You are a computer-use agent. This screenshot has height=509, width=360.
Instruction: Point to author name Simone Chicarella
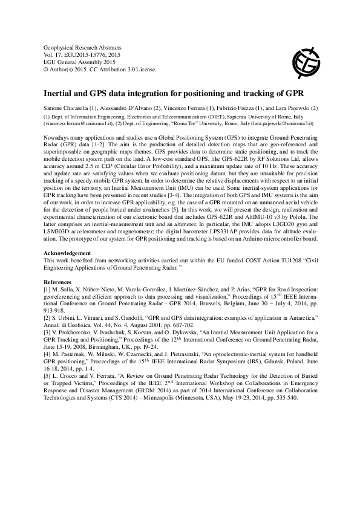(67, 108)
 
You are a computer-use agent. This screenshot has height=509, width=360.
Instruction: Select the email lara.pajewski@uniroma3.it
(282, 122)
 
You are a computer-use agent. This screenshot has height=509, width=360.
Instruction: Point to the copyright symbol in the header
(46, 68)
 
